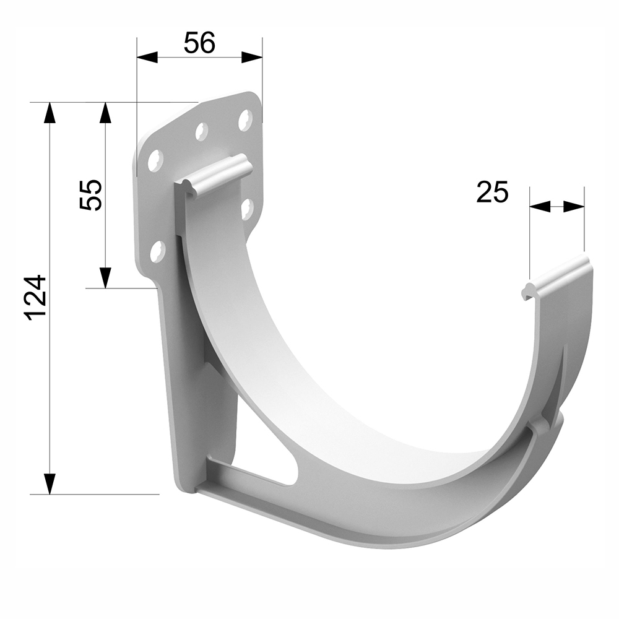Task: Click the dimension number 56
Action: tap(199, 43)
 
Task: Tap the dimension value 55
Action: tap(91, 195)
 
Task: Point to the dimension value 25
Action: tap(492, 193)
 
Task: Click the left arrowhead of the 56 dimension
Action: tap(147, 57)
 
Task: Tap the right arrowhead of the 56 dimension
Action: tap(252, 57)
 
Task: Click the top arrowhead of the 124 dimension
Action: tap(50, 113)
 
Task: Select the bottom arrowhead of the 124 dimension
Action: tap(50, 483)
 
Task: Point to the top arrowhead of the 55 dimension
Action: tap(105, 113)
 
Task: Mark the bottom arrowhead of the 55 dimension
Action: tap(105, 277)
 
